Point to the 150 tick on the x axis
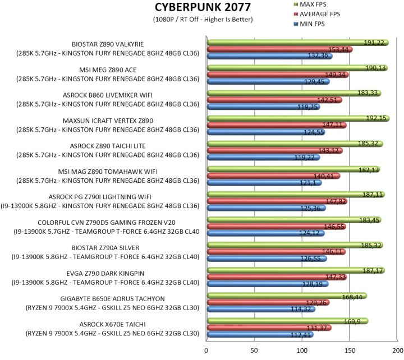coord(350,350)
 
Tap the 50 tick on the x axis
coord(254,350)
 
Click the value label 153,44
coord(341,49)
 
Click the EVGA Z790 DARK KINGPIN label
coord(105,273)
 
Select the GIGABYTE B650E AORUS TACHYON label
coord(105,298)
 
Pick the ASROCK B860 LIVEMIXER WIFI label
coord(105,95)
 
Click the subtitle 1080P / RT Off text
coord(202,20)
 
